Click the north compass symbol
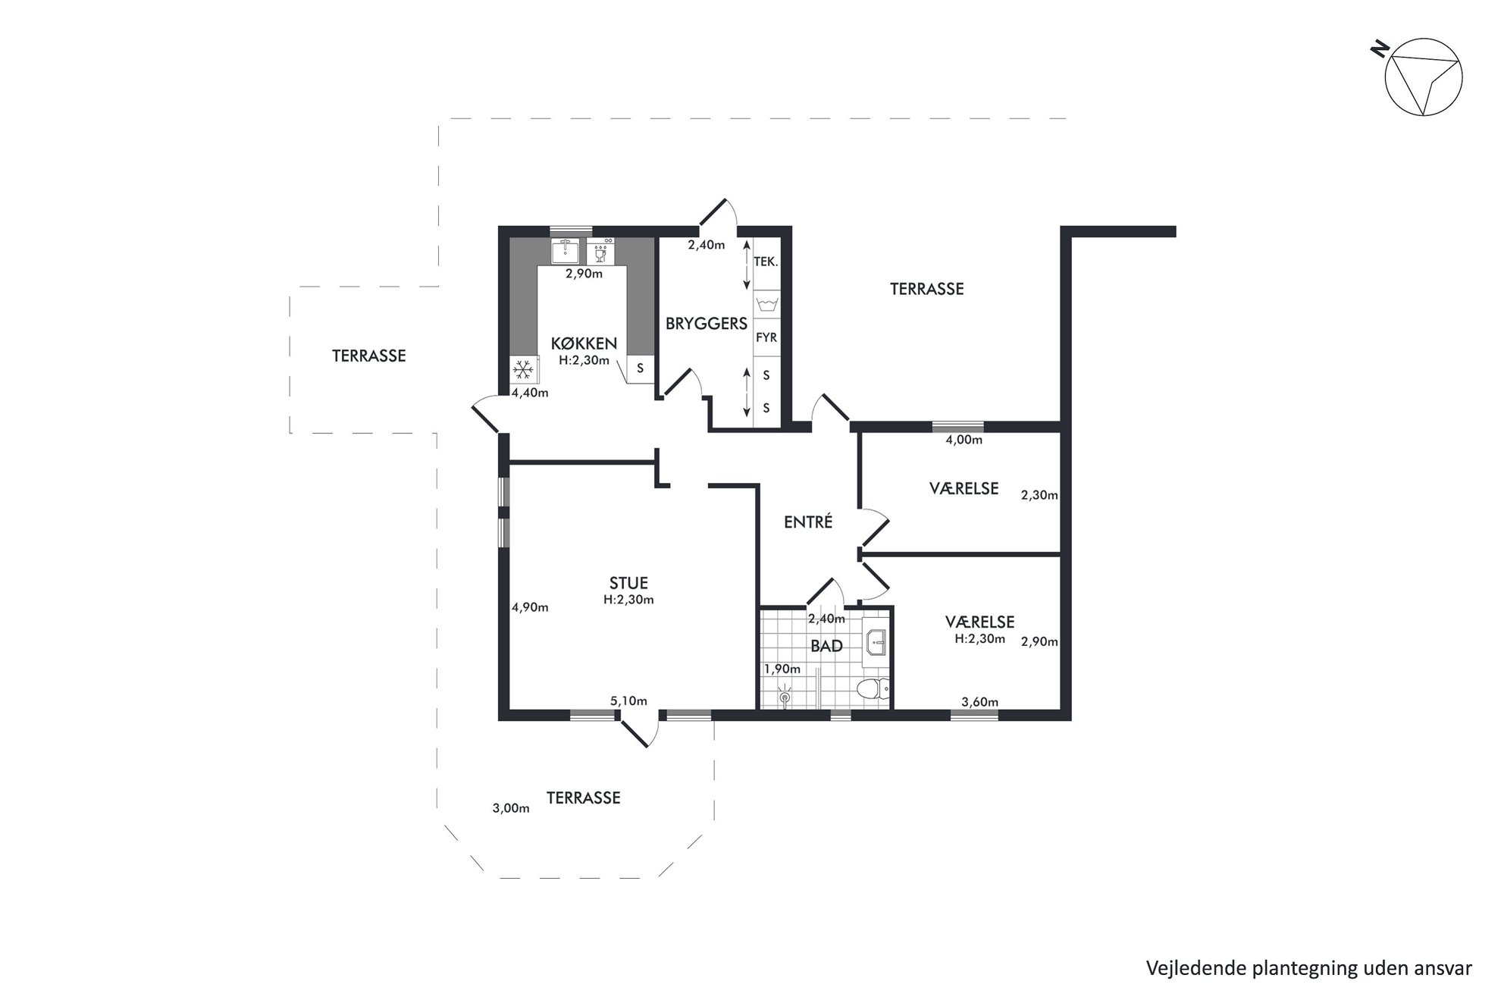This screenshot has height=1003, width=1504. click(x=1423, y=77)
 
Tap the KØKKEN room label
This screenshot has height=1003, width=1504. click(x=584, y=343)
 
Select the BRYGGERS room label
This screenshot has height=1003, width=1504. click(x=707, y=324)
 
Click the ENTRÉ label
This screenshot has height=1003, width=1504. click(x=808, y=522)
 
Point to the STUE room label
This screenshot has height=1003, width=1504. click(x=628, y=583)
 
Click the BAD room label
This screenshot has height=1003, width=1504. click(x=826, y=647)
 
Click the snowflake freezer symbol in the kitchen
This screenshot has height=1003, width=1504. click(x=523, y=370)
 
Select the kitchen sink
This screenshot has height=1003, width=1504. click(x=565, y=250)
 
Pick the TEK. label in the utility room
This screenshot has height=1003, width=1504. click(x=766, y=262)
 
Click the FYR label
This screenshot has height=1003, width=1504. click(x=766, y=337)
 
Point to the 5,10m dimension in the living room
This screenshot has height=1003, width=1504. click(x=628, y=701)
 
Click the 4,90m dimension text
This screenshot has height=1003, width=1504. click(x=530, y=607)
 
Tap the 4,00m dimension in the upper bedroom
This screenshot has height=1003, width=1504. click(x=964, y=440)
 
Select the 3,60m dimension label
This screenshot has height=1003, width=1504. click(x=979, y=702)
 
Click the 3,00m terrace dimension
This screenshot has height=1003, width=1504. click(x=511, y=808)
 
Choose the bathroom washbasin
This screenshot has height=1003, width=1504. click(x=875, y=641)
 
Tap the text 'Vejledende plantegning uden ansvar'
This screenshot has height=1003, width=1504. click(x=1309, y=968)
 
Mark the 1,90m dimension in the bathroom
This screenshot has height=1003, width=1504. click(x=782, y=669)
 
